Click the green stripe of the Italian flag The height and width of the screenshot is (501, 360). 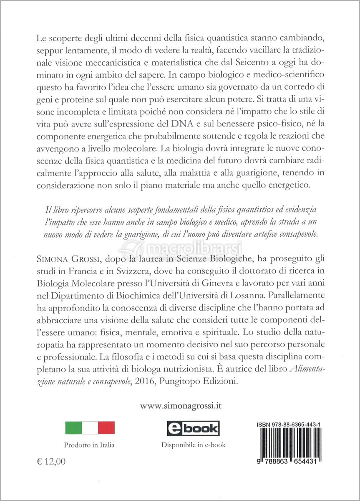click(73, 428)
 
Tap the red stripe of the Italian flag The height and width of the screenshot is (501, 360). click(106, 428)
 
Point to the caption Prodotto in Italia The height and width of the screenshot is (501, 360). click(89, 445)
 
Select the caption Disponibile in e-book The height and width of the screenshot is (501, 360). click(193, 445)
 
